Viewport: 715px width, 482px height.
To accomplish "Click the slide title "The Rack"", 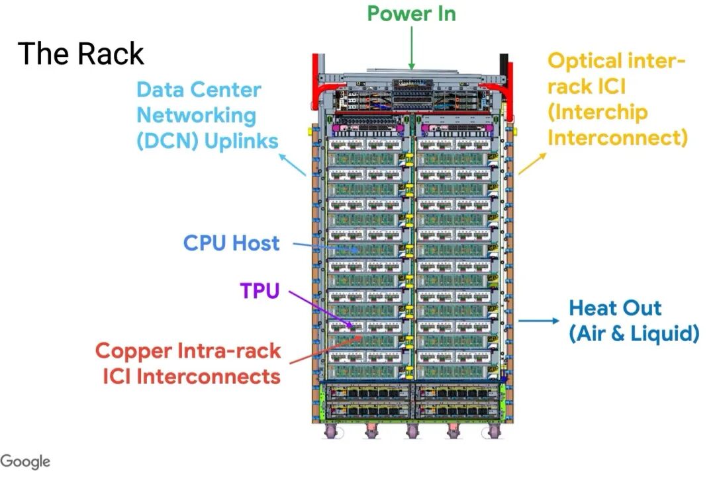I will pyautogui.click(x=81, y=53).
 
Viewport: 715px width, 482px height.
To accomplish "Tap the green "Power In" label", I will pyautogui.click(x=411, y=13).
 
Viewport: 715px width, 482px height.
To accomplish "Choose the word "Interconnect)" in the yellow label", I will pyautogui.click(x=618, y=138).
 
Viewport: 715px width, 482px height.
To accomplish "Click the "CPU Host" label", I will pyautogui.click(x=231, y=243).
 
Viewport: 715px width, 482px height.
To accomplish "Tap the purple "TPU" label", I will pyautogui.click(x=260, y=290).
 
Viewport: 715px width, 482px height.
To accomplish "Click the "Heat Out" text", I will pyautogui.click(x=615, y=308).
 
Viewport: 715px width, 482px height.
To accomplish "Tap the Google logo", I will pyautogui.click(x=25, y=462).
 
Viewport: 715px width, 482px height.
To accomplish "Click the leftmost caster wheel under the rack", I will pyautogui.click(x=329, y=431).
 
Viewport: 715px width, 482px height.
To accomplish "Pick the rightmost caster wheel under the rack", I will pyautogui.click(x=493, y=431).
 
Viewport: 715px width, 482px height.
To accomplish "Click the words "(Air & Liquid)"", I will pyautogui.click(x=634, y=334).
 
